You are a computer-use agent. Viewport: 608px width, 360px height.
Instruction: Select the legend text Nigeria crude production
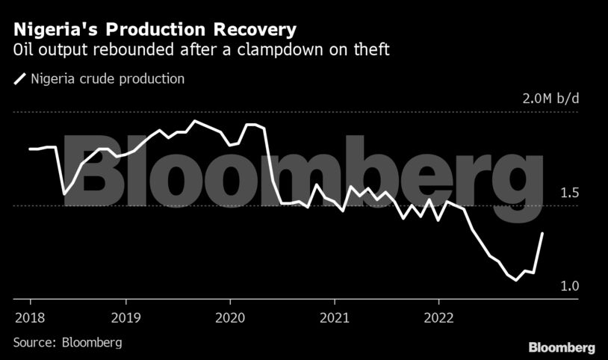(108, 78)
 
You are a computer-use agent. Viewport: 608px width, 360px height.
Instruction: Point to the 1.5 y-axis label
(569, 193)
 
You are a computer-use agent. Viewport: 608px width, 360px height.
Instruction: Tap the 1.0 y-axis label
(569, 287)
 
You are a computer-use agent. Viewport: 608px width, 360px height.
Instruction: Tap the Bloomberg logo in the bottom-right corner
(562, 347)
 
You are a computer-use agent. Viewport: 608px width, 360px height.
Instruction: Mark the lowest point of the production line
(516, 280)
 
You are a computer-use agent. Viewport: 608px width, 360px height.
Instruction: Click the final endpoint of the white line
(542, 233)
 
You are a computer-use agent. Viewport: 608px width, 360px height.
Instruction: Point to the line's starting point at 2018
(30, 149)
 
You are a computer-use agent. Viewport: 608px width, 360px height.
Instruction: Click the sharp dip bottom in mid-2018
(64, 194)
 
